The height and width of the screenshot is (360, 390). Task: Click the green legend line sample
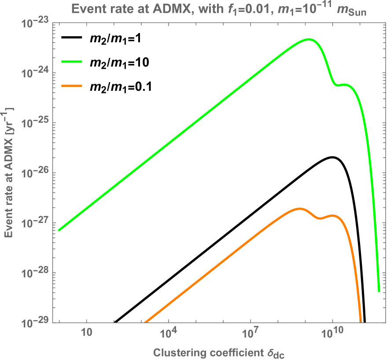72,62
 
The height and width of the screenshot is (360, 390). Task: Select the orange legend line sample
72,86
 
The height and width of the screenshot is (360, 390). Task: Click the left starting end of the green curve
59,230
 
